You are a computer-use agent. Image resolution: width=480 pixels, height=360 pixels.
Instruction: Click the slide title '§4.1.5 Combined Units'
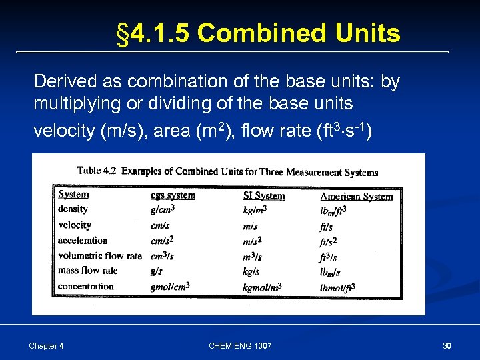(258, 33)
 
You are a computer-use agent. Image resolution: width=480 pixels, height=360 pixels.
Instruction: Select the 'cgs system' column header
(173, 195)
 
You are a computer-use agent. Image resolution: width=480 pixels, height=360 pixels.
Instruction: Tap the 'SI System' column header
(263, 195)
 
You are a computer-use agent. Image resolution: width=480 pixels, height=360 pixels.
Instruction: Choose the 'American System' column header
(356, 196)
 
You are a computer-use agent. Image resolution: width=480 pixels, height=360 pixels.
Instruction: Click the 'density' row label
(73, 209)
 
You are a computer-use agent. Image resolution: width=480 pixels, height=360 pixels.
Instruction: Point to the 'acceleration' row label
(83, 240)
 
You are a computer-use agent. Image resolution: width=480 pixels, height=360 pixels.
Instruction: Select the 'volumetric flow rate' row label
(100, 255)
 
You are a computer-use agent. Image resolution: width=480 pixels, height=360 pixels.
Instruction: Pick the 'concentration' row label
(85, 286)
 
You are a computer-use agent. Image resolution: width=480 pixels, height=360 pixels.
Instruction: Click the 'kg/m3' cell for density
(256, 210)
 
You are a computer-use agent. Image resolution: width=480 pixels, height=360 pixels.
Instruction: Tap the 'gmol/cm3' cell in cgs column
(170, 287)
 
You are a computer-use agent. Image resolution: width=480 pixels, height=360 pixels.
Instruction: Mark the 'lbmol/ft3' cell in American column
(337, 287)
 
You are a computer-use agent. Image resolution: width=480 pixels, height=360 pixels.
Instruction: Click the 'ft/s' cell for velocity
(326, 226)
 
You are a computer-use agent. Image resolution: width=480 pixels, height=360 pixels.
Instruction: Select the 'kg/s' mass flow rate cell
(251, 271)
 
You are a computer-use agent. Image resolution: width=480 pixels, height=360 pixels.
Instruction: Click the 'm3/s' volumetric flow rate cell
(252, 256)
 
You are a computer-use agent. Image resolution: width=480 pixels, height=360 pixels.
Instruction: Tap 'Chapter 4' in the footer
(46, 345)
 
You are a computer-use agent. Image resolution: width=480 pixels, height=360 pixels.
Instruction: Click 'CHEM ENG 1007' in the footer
(240, 345)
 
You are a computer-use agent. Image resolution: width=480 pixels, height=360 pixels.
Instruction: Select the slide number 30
(447, 345)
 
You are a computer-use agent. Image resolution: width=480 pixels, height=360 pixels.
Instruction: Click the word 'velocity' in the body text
(63, 131)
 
